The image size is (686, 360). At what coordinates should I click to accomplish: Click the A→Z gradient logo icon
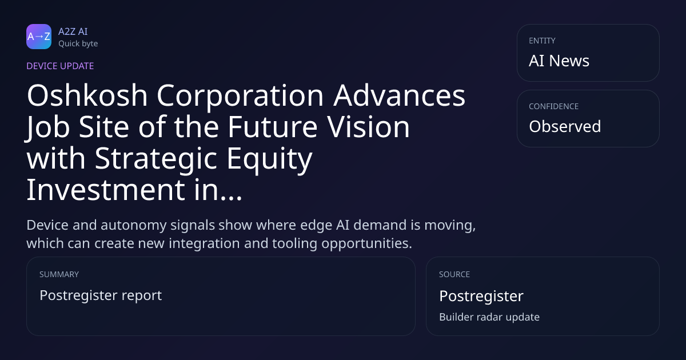[x=39, y=37]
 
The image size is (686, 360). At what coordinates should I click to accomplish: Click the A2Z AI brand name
[x=73, y=31]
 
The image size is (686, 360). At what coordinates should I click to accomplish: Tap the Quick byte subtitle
[x=78, y=44]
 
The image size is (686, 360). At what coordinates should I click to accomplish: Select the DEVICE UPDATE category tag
[x=60, y=66]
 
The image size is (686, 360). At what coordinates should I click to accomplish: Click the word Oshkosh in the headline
[x=87, y=95]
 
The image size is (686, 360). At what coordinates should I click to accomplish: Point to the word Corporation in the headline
[x=240, y=96]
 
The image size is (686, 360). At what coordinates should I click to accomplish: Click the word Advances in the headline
[x=400, y=95]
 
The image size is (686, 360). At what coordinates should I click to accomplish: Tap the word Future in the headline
[x=273, y=127]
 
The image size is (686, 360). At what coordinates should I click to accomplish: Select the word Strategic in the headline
[x=156, y=159]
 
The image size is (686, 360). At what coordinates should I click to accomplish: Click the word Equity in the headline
[x=269, y=159]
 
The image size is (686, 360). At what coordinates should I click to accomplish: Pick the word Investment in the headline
[x=106, y=190]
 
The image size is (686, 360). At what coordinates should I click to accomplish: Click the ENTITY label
[x=542, y=41]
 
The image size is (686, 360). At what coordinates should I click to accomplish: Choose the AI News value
[x=559, y=61]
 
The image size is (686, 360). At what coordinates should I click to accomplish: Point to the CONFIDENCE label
[x=554, y=106]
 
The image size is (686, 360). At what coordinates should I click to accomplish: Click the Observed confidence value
[x=565, y=126]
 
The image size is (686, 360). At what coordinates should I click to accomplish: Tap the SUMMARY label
[x=59, y=274]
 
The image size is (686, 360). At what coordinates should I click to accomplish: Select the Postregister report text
[x=101, y=295]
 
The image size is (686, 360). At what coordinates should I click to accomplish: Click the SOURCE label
[x=454, y=274]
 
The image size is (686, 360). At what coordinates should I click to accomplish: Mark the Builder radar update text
[x=489, y=317]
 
